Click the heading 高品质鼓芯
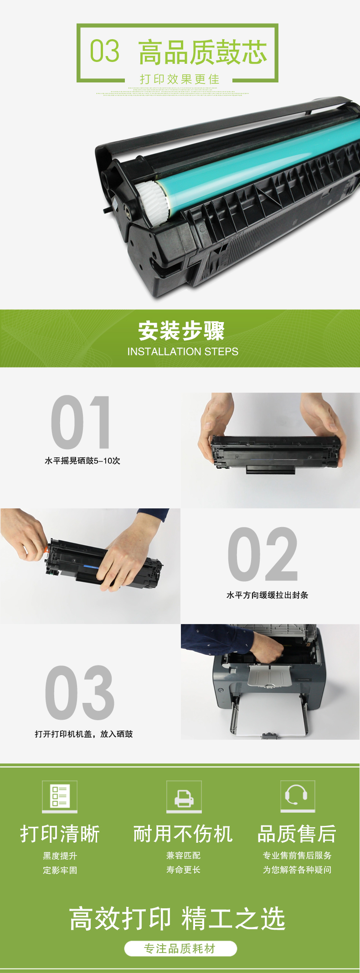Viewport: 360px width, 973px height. click(x=202, y=52)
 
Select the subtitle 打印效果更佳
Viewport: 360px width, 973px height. click(x=180, y=79)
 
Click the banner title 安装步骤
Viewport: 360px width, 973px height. click(x=181, y=331)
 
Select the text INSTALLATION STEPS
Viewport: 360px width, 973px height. click(x=183, y=352)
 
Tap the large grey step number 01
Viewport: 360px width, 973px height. click(x=81, y=422)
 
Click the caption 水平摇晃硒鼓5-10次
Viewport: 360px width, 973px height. click(x=82, y=461)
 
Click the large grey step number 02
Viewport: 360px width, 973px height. click(x=263, y=554)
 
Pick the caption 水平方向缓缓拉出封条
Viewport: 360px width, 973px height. click(x=267, y=595)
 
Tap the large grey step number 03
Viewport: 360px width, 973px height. click(x=79, y=692)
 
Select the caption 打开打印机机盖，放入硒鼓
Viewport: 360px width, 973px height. click(x=84, y=734)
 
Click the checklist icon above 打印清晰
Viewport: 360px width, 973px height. click(x=60, y=796)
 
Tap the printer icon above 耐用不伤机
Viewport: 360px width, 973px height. click(x=184, y=796)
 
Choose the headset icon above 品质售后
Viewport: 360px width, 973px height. click(x=298, y=796)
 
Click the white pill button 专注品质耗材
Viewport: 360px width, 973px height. click(x=180, y=949)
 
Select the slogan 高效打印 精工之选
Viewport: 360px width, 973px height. click(x=177, y=918)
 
